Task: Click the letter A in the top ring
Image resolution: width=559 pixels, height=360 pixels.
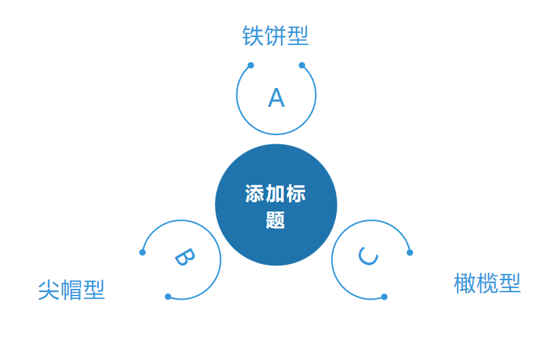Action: [x=276, y=98]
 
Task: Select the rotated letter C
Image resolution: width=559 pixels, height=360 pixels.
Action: [x=368, y=255]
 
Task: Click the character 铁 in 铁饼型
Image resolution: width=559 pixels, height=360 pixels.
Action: [x=253, y=36]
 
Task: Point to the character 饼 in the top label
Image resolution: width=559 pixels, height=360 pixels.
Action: [x=275, y=36]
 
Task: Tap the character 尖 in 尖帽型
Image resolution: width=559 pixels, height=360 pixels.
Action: [x=48, y=290]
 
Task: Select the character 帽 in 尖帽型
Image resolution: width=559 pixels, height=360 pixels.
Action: [x=71, y=290]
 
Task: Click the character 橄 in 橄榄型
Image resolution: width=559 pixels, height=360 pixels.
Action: [x=464, y=283]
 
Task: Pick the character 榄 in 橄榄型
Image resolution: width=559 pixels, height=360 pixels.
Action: [x=487, y=283]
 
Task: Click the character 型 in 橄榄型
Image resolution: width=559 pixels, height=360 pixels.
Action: [x=510, y=283]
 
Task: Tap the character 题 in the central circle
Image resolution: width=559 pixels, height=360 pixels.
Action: [x=275, y=220]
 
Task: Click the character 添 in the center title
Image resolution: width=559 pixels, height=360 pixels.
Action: [x=255, y=194]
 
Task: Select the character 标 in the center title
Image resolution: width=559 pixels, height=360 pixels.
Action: [x=296, y=194]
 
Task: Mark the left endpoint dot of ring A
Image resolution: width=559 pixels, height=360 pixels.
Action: [x=251, y=65]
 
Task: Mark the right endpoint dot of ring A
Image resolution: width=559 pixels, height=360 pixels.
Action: [x=302, y=65]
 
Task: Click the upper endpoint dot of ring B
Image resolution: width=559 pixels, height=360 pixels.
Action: [x=142, y=253]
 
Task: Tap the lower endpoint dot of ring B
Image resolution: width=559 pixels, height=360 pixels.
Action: [x=168, y=297]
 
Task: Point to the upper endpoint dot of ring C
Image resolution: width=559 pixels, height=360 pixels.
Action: [x=410, y=253]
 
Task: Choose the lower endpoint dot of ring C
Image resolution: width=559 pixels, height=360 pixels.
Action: [x=384, y=297]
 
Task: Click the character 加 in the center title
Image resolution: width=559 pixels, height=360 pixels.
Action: [x=275, y=194]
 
